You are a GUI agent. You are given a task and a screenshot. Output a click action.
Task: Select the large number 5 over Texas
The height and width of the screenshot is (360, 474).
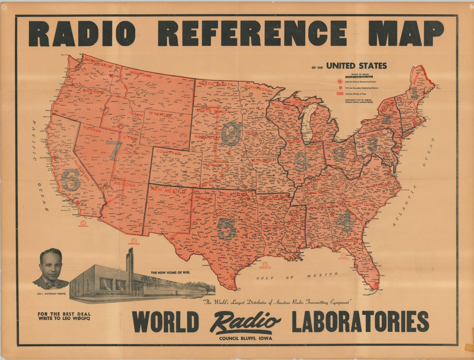point(227,229)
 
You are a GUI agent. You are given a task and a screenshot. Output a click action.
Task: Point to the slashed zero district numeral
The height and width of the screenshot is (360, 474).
point(231,133)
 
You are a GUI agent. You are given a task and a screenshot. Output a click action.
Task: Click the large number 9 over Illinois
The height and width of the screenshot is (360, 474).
point(301,162)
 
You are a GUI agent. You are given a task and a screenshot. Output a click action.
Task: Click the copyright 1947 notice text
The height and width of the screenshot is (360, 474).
point(358,101)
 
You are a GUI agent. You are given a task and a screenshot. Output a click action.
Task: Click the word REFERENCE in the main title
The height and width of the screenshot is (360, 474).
point(252,33)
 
